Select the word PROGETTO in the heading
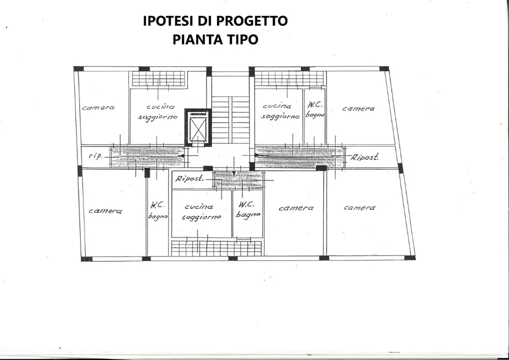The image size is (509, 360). point(252,21)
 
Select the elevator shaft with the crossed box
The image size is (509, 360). point(197,127)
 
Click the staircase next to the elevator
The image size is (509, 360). point(230,119)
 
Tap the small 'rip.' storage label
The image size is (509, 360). point(95,156)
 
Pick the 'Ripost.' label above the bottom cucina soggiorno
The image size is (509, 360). point(189,178)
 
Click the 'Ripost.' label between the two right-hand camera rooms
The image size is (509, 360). point(365,157)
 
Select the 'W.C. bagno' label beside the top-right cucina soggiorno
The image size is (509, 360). point(314,110)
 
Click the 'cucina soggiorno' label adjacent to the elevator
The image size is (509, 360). point(158,111)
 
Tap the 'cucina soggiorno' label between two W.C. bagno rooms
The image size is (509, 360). point(201,211)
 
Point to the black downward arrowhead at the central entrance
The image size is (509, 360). point(233,173)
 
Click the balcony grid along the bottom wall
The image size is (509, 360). point(216,248)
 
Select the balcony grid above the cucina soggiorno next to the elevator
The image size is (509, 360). point(158,78)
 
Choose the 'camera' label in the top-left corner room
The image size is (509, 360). point(98,107)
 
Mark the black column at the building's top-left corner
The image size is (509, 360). point(78,69)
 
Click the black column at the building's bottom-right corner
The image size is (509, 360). point(410,257)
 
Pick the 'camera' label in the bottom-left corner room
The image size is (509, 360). point(105,211)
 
